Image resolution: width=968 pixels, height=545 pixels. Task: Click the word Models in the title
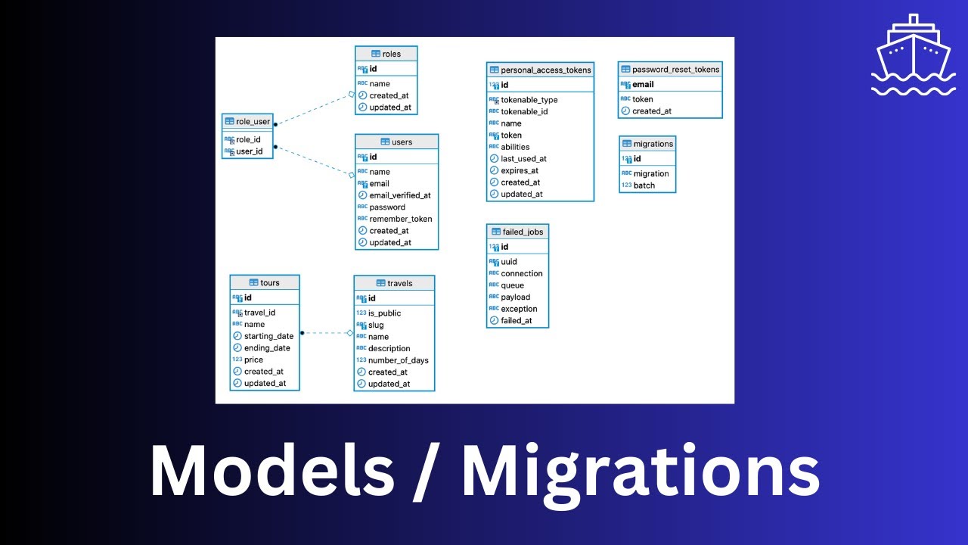(x=271, y=472)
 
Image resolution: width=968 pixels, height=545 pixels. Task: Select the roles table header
(x=386, y=54)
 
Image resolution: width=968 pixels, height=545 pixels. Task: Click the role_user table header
(x=247, y=121)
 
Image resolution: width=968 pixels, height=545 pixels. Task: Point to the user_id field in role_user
(x=250, y=151)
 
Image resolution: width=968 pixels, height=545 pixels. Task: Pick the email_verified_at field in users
(x=400, y=195)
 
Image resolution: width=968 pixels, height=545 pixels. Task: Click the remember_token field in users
(x=401, y=219)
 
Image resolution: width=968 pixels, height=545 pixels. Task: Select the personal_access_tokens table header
(x=540, y=70)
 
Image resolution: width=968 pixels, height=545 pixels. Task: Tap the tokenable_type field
(x=529, y=100)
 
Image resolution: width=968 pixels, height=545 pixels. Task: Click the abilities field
(x=515, y=147)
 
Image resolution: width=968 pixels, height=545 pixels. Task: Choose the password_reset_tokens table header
(x=670, y=70)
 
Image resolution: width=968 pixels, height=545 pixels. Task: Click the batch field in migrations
(x=644, y=185)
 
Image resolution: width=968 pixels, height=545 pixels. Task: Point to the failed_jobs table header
(x=517, y=232)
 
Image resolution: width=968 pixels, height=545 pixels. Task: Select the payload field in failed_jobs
(x=516, y=297)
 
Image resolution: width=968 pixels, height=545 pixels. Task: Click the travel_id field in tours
(x=259, y=313)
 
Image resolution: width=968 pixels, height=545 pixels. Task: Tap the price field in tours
(x=253, y=360)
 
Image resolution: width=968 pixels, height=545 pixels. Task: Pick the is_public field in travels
(x=384, y=313)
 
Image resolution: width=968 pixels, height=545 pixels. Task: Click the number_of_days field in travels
(x=399, y=360)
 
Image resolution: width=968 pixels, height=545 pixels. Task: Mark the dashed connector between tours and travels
(x=326, y=333)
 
